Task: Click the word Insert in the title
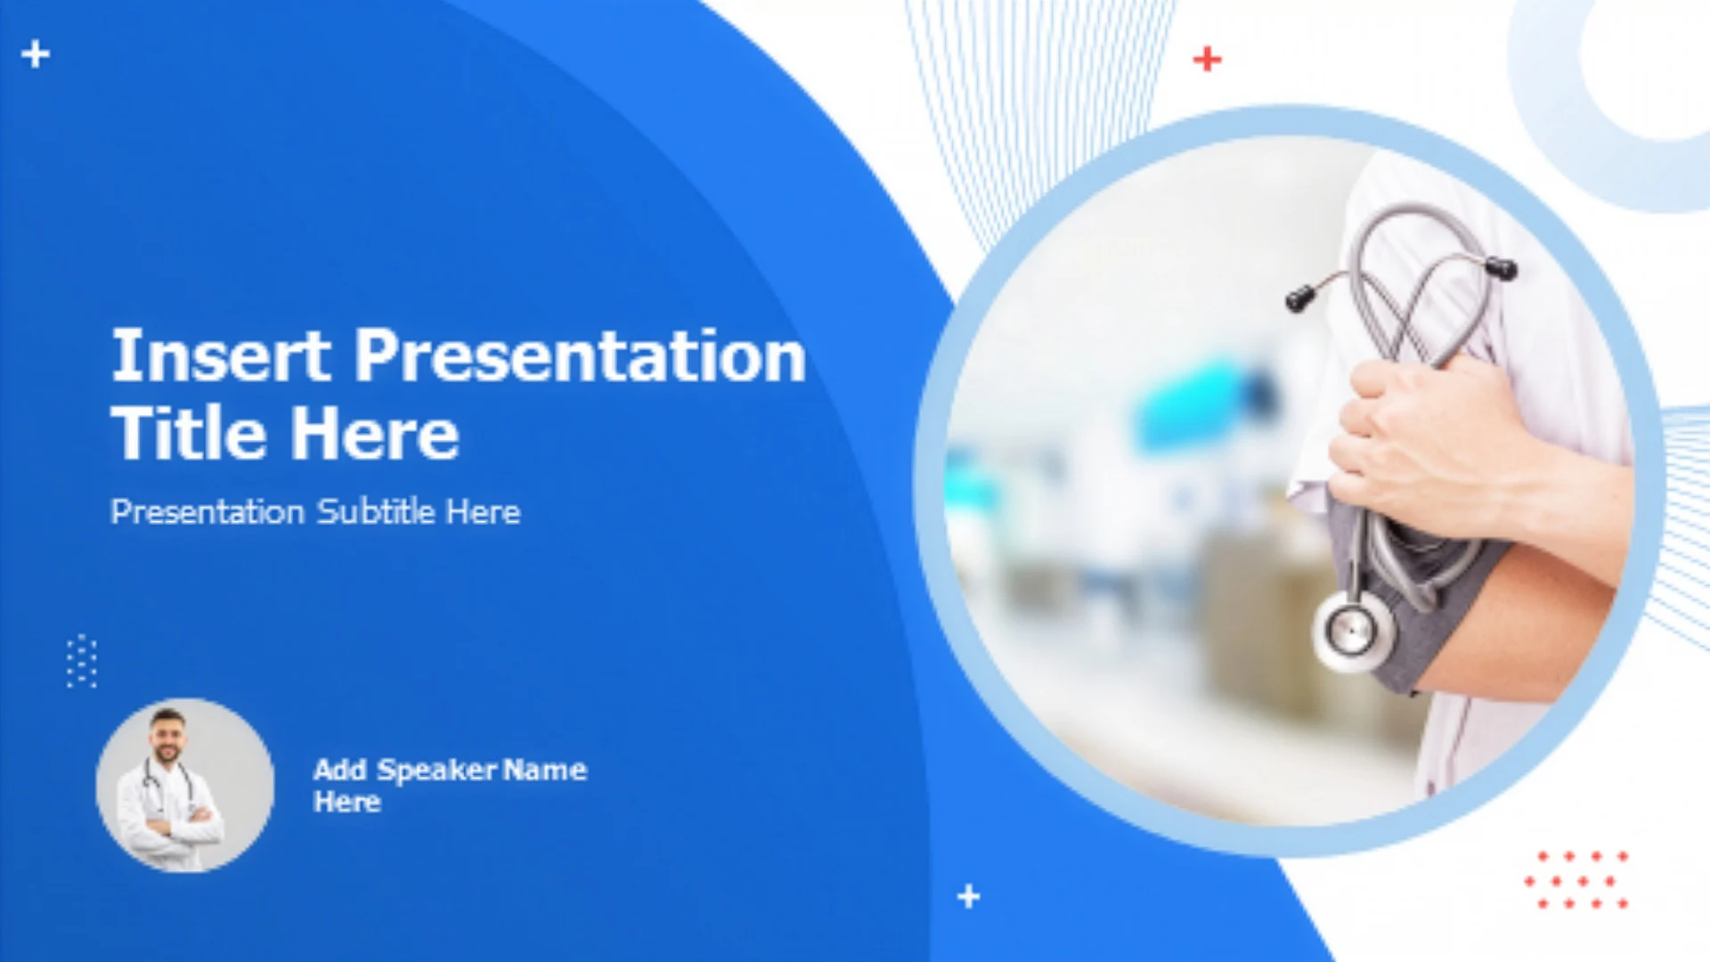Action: pos(220,355)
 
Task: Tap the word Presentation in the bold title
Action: pos(581,355)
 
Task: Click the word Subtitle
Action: pos(376,511)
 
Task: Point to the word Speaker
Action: pos(436,770)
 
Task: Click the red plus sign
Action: pos(1207,59)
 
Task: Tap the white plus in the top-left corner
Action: pos(36,53)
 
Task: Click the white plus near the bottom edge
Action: pos(969,895)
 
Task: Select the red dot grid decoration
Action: pos(1577,880)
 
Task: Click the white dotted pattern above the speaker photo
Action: pos(82,661)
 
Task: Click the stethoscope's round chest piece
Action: pos(1353,631)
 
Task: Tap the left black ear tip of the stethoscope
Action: pos(1299,298)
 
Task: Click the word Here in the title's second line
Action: pos(375,433)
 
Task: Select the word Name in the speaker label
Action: pos(545,770)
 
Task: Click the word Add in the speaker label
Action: pos(339,770)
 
